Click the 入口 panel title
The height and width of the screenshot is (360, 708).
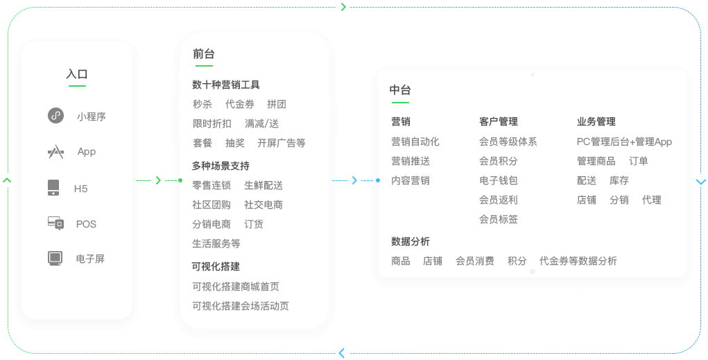click(x=77, y=74)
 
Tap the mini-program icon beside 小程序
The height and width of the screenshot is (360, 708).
click(x=56, y=116)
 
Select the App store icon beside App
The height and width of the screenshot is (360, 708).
click(x=56, y=152)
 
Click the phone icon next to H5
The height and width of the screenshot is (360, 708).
click(x=53, y=187)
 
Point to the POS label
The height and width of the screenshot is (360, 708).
click(x=86, y=224)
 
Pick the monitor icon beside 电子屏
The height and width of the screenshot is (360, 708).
click(x=55, y=258)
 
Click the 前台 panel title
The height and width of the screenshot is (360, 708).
click(x=204, y=54)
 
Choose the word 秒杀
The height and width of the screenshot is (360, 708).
click(x=202, y=104)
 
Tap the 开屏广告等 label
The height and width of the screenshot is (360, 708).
click(x=282, y=143)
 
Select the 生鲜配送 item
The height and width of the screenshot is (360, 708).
click(x=264, y=185)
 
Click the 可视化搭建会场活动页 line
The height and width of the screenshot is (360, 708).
click(x=241, y=306)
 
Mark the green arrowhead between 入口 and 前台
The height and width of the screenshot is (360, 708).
click(x=158, y=180)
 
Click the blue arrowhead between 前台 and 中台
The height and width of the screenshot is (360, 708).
click(x=354, y=180)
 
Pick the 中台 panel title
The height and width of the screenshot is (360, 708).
click(x=400, y=90)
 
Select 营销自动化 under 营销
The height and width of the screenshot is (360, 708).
click(x=415, y=142)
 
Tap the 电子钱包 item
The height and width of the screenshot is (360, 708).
click(x=499, y=180)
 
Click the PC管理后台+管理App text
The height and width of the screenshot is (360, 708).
click(x=625, y=142)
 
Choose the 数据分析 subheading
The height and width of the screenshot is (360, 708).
click(x=411, y=241)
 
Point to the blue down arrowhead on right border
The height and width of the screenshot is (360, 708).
click(x=701, y=182)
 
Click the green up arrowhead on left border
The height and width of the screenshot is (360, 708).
click(x=7, y=180)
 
